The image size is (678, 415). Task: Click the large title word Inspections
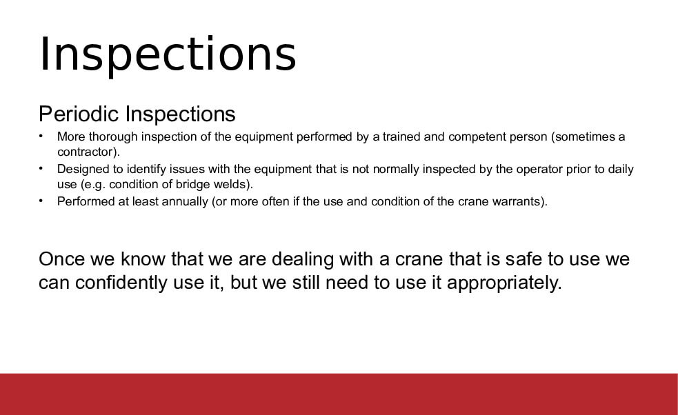pyautogui.click(x=168, y=55)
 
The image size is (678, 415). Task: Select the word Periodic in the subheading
pyautogui.click(x=79, y=114)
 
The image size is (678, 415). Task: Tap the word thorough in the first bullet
pyautogui.click(x=113, y=137)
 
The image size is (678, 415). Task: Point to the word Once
pyautogui.click(x=61, y=259)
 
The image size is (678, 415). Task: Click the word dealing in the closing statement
pyautogui.click(x=303, y=260)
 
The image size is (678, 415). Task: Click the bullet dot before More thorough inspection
pyautogui.click(x=41, y=136)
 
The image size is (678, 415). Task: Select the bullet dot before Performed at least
pyautogui.click(x=41, y=201)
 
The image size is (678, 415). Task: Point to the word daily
pyautogui.click(x=621, y=170)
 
